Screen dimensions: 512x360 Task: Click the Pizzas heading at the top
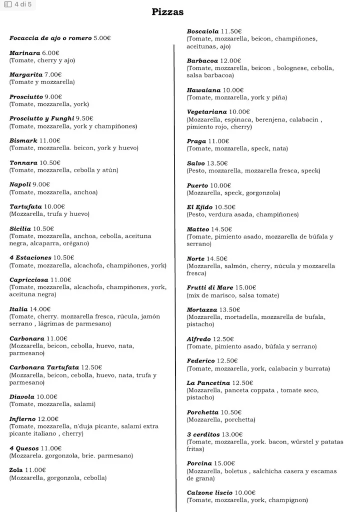pyautogui.click(x=167, y=12)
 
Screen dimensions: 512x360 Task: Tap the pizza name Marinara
pyautogui.click(x=24, y=53)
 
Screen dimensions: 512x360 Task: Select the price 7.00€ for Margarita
pyautogui.click(x=53, y=75)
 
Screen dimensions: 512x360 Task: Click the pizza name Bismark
pyautogui.click(x=23, y=141)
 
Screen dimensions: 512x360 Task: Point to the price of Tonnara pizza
pyautogui.click(x=50, y=163)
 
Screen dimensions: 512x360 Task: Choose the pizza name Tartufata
pyautogui.click(x=25, y=206)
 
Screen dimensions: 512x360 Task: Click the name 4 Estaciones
pyautogui.click(x=30, y=258)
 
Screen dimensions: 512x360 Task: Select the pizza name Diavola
pyautogui.click(x=22, y=397)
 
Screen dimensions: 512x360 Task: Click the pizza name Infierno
pyautogui.click(x=23, y=419)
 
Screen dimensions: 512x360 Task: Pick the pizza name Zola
pyautogui.click(x=16, y=470)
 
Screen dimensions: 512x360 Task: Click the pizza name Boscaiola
pyautogui.click(x=203, y=31)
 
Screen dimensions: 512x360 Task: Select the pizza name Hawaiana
pyautogui.click(x=203, y=90)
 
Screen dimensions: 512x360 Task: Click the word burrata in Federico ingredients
pyautogui.click(x=316, y=368)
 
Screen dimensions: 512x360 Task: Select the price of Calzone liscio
pyautogui.click(x=245, y=492)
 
